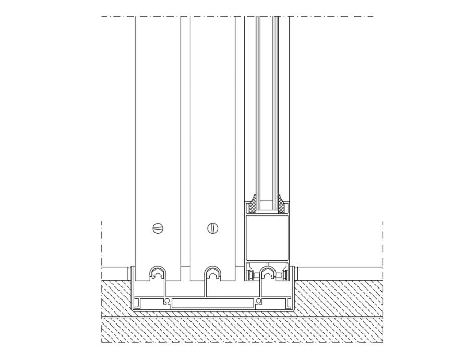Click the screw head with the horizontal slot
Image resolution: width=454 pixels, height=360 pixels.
pyautogui.click(x=158, y=227)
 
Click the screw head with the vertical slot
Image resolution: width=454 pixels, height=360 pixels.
pyautogui.click(x=213, y=227)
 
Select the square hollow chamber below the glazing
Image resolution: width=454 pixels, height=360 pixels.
pyautogui.click(x=267, y=237)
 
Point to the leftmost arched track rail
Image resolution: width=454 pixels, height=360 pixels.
pyautogui.click(x=158, y=273)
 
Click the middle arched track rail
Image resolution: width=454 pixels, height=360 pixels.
pyautogui.click(x=213, y=273)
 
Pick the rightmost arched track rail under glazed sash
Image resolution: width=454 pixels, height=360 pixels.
pyautogui.click(x=268, y=273)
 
